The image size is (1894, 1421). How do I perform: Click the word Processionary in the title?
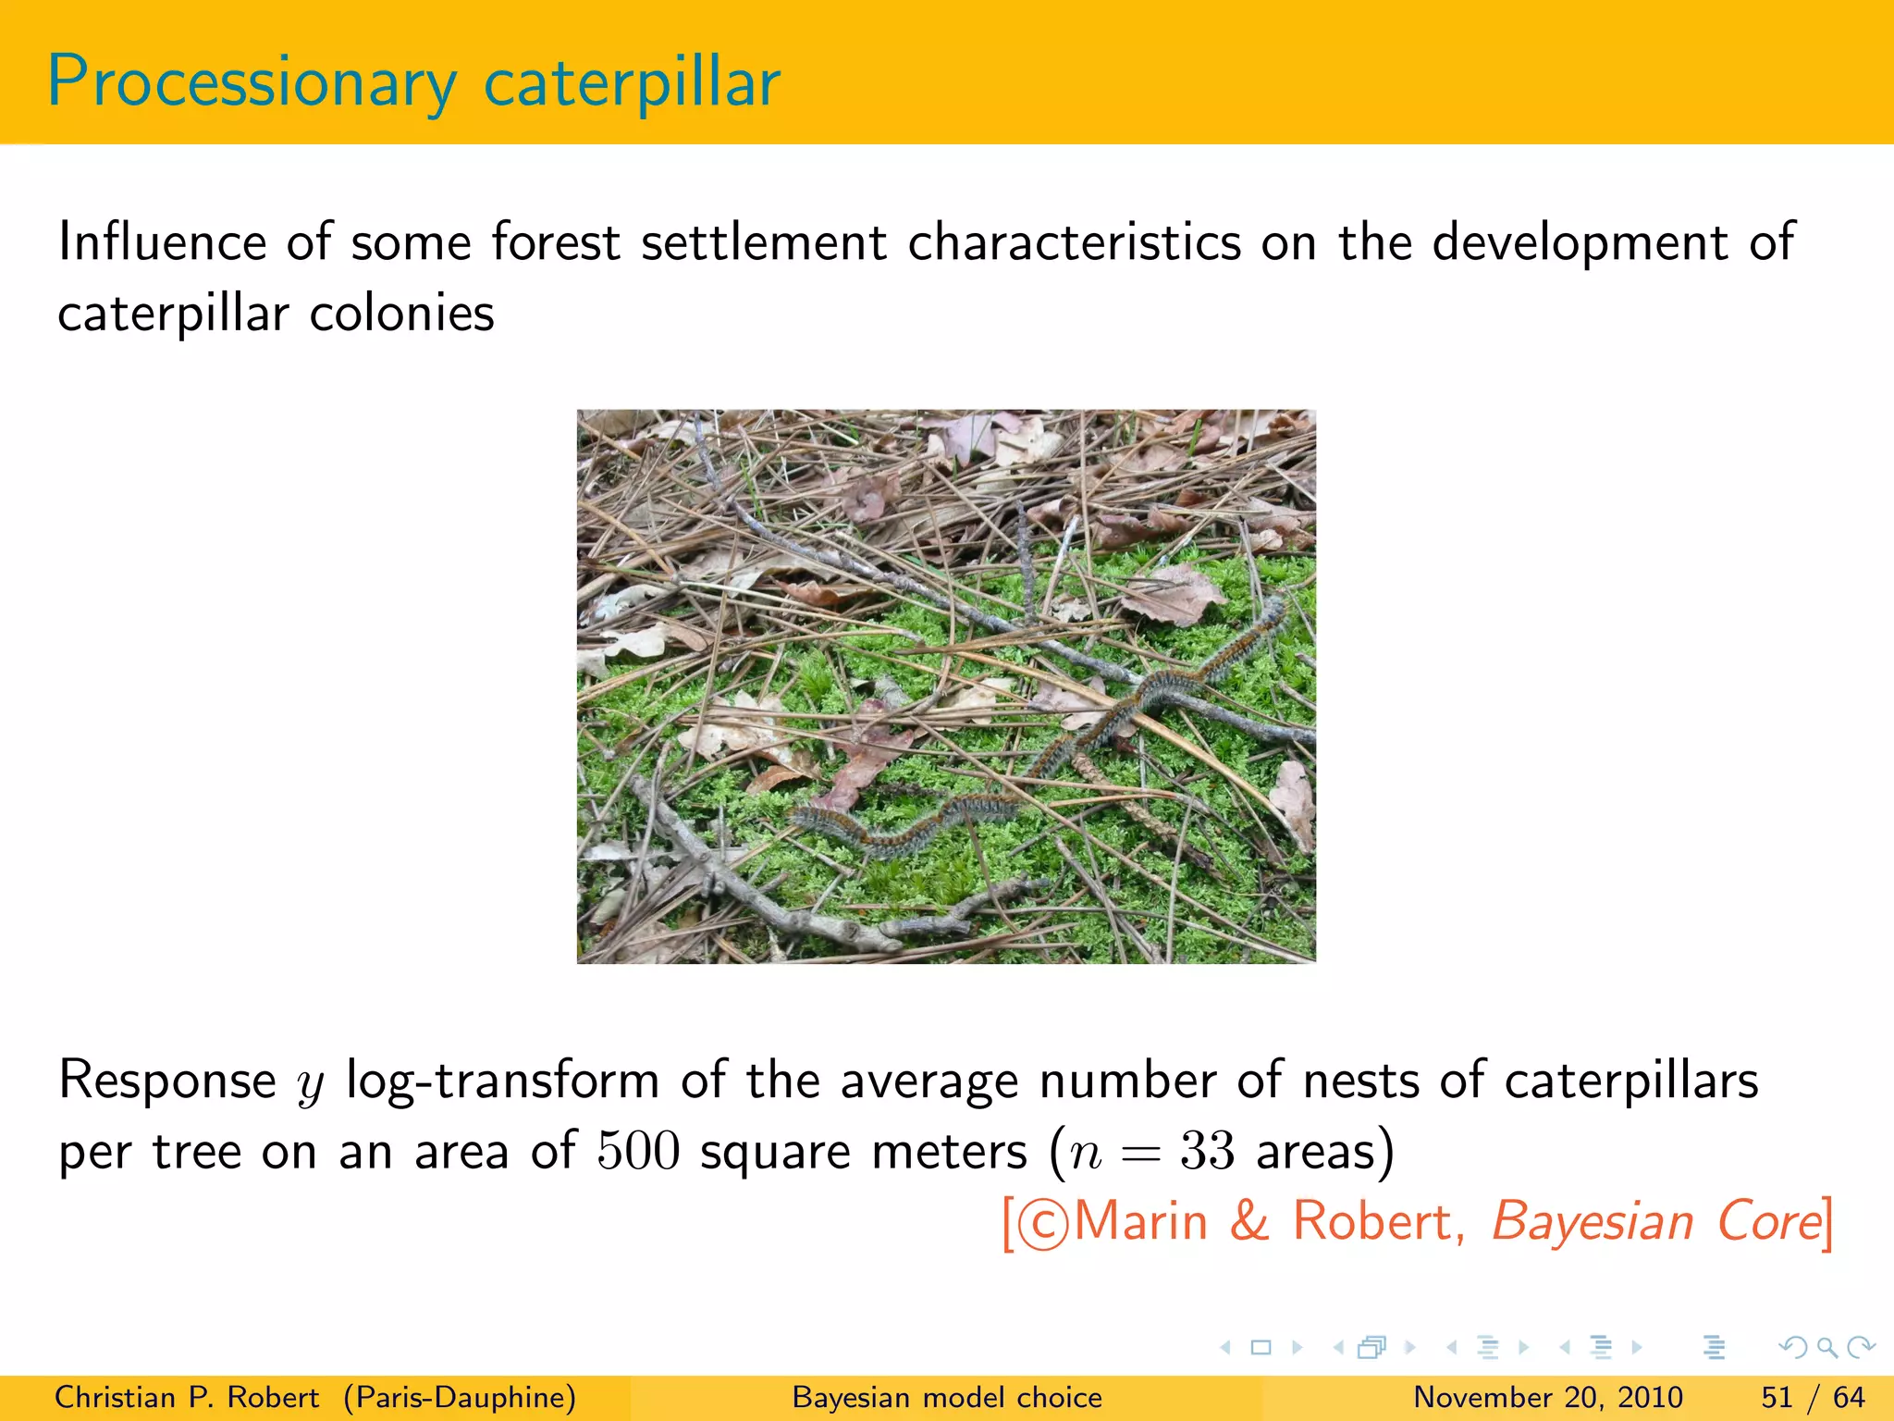tap(252, 83)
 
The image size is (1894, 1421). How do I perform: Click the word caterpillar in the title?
tap(632, 83)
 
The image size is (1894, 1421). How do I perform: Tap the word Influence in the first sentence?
tap(163, 242)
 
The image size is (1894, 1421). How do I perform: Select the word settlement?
tap(763, 242)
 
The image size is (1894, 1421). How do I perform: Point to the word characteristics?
tap(1073, 242)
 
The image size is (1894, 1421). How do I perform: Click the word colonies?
tap(401, 314)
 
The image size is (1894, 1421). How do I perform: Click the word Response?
tap(166, 1081)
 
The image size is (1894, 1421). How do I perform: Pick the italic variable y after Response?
tap(311, 1084)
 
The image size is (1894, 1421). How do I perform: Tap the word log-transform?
tap(502, 1081)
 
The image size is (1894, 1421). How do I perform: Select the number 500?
tap(638, 1152)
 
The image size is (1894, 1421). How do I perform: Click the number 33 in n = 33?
tap(1207, 1152)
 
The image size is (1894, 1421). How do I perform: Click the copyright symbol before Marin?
tap(1042, 1224)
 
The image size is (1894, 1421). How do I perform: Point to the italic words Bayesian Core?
tap(1655, 1221)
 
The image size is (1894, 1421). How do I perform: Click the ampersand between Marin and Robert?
tap(1249, 1221)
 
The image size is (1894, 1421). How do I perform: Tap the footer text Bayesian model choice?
tap(947, 1397)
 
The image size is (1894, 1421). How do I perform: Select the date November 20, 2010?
tap(1547, 1397)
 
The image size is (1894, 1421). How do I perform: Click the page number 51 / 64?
tap(1813, 1397)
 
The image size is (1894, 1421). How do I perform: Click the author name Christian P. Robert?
tap(187, 1397)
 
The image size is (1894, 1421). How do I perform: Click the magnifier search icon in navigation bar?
tap(1826, 1347)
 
